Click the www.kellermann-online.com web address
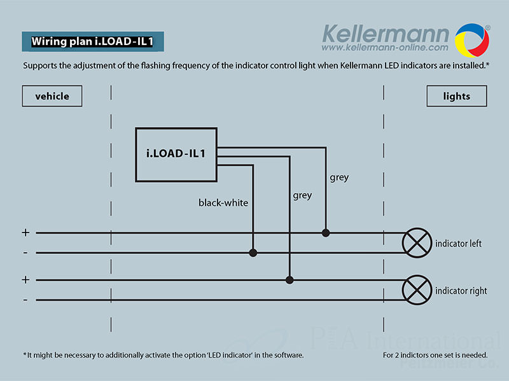coord(385,48)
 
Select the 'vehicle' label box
coord(52,97)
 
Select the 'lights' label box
coord(456,97)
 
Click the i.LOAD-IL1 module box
coord(176,154)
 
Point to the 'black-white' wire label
coord(223,203)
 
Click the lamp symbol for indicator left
coord(417,243)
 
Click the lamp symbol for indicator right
coord(417,290)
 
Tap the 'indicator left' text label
coord(458,244)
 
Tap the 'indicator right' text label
coord(461,291)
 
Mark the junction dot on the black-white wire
coord(253,253)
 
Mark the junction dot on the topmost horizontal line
coord(326,233)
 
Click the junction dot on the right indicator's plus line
coord(289,279)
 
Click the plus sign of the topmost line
coord(25,233)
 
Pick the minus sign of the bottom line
coord(25,300)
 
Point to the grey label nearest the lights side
coord(339,178)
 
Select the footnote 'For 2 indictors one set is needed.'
coord(435,355)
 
